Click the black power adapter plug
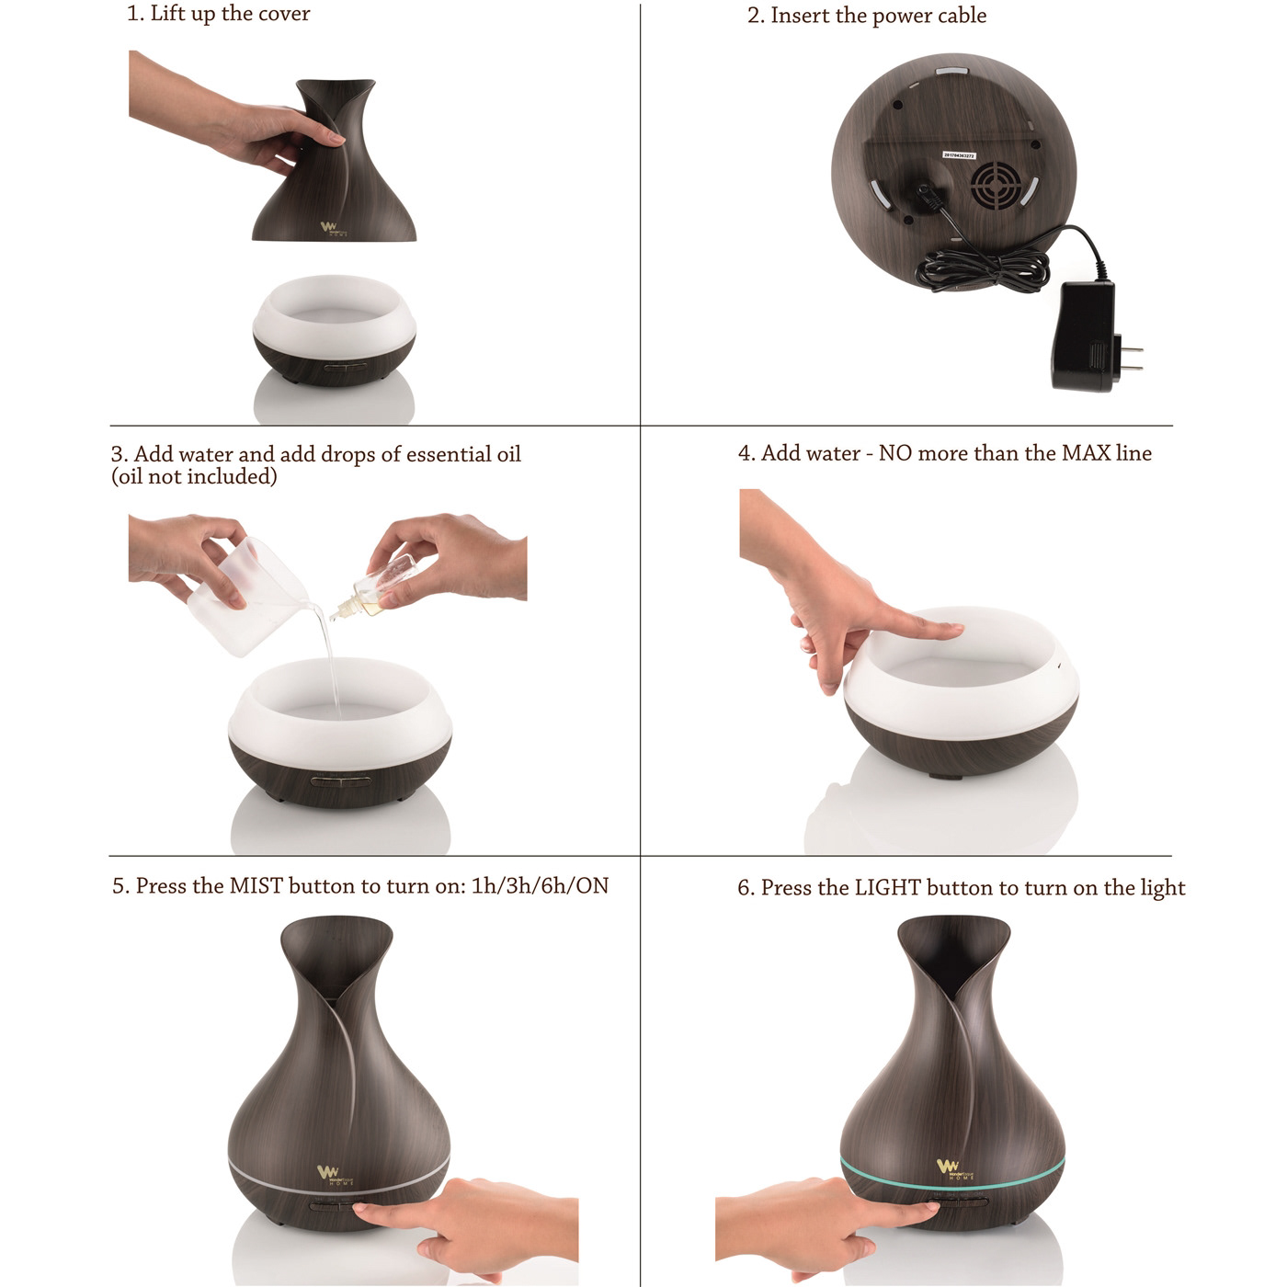point(1086,336)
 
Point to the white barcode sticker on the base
point(959,155)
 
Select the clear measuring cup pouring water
point(247,596)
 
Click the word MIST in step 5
point(256,886)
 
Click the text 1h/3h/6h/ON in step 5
point(541,886)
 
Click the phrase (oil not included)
point(194,476)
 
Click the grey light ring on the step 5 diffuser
point(339,1180)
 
